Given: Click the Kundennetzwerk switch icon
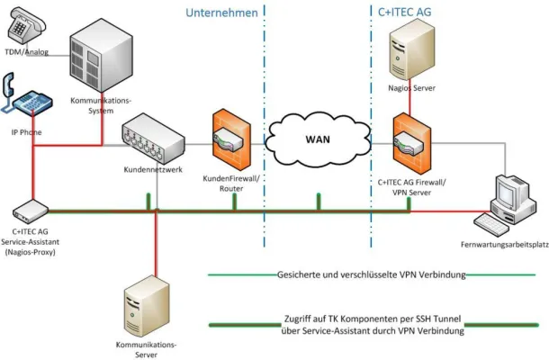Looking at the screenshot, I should (x=152, y=135).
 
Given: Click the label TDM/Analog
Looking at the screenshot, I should (x=26, y=51).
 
